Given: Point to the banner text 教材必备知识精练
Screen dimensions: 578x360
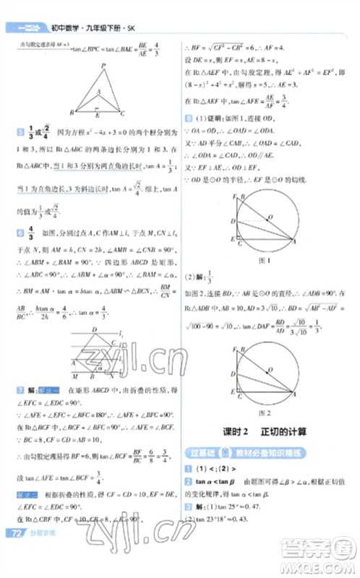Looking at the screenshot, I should click(272, 453).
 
